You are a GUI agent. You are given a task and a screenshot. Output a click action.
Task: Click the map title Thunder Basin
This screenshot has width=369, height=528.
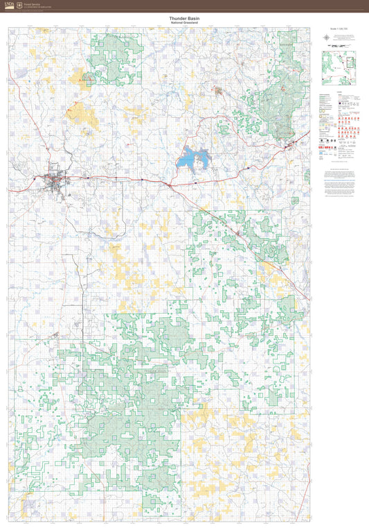tap(184, 19)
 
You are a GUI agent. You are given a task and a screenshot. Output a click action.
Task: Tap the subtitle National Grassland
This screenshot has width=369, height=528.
tap(184, 24)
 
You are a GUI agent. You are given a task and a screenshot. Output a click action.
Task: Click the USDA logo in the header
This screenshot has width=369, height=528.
tap(9, 5)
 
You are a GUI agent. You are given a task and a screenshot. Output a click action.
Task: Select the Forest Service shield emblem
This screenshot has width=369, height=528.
tap(19, 5)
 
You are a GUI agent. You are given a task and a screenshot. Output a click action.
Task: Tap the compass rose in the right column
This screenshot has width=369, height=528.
tap(326, 37)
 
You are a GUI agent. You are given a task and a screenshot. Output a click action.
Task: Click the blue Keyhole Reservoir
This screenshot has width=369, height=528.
tap(193, 160)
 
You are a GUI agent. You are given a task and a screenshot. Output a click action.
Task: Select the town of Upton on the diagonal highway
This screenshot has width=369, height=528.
tap(239, 235)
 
